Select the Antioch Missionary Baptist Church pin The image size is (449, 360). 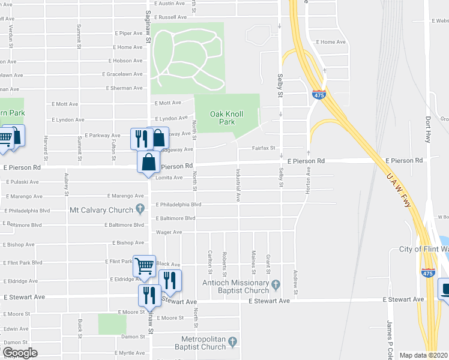276,283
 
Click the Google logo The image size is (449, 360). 19,353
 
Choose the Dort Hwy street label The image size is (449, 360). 429,128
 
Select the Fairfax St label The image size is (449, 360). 264,148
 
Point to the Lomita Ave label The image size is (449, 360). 169,178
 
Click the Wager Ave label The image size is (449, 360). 169,232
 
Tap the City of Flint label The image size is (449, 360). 423,250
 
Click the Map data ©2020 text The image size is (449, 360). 424,355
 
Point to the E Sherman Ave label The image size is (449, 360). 124,88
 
